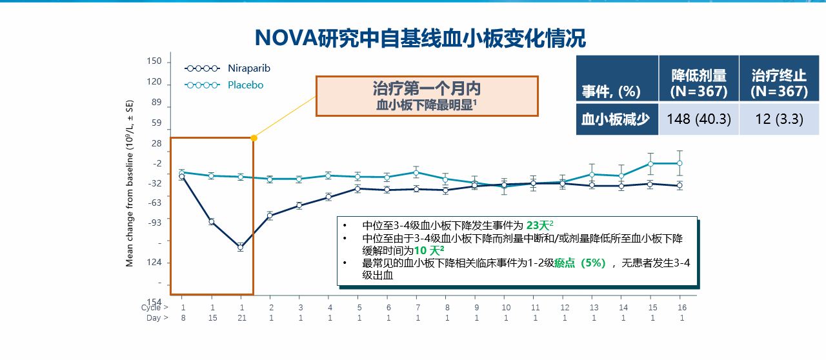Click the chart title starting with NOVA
pyautogui.click(x=420, y=38)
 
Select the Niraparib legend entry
pyautogui.click(x=228, y=68)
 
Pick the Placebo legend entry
pyautogui.click(x=224, y=85)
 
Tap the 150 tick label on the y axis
pyautogui.click(x=154, y=61)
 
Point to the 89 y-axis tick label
pyautogui.click(x=157, y=102)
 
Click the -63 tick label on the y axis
pyautogui.click(x=155, y=203)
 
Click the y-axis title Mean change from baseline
pyautogui.click(x=130, y=183)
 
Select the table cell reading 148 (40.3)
pyautogui.click(x=699, y=119)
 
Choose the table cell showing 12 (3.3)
pyautogui.click(x=779, y=119)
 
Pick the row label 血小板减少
pyautogui.click(x=616, y=119)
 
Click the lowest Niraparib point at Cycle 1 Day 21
pyautogui.click(x=241, y=248)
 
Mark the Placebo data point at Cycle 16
pyautogui.click(x=680, y=163)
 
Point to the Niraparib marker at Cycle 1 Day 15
pyautogui.click(x=211, y=222)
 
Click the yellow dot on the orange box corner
pyautogui.click(x=254, y=138)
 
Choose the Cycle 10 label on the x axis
pyautogui.click(x=506, y=308)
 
